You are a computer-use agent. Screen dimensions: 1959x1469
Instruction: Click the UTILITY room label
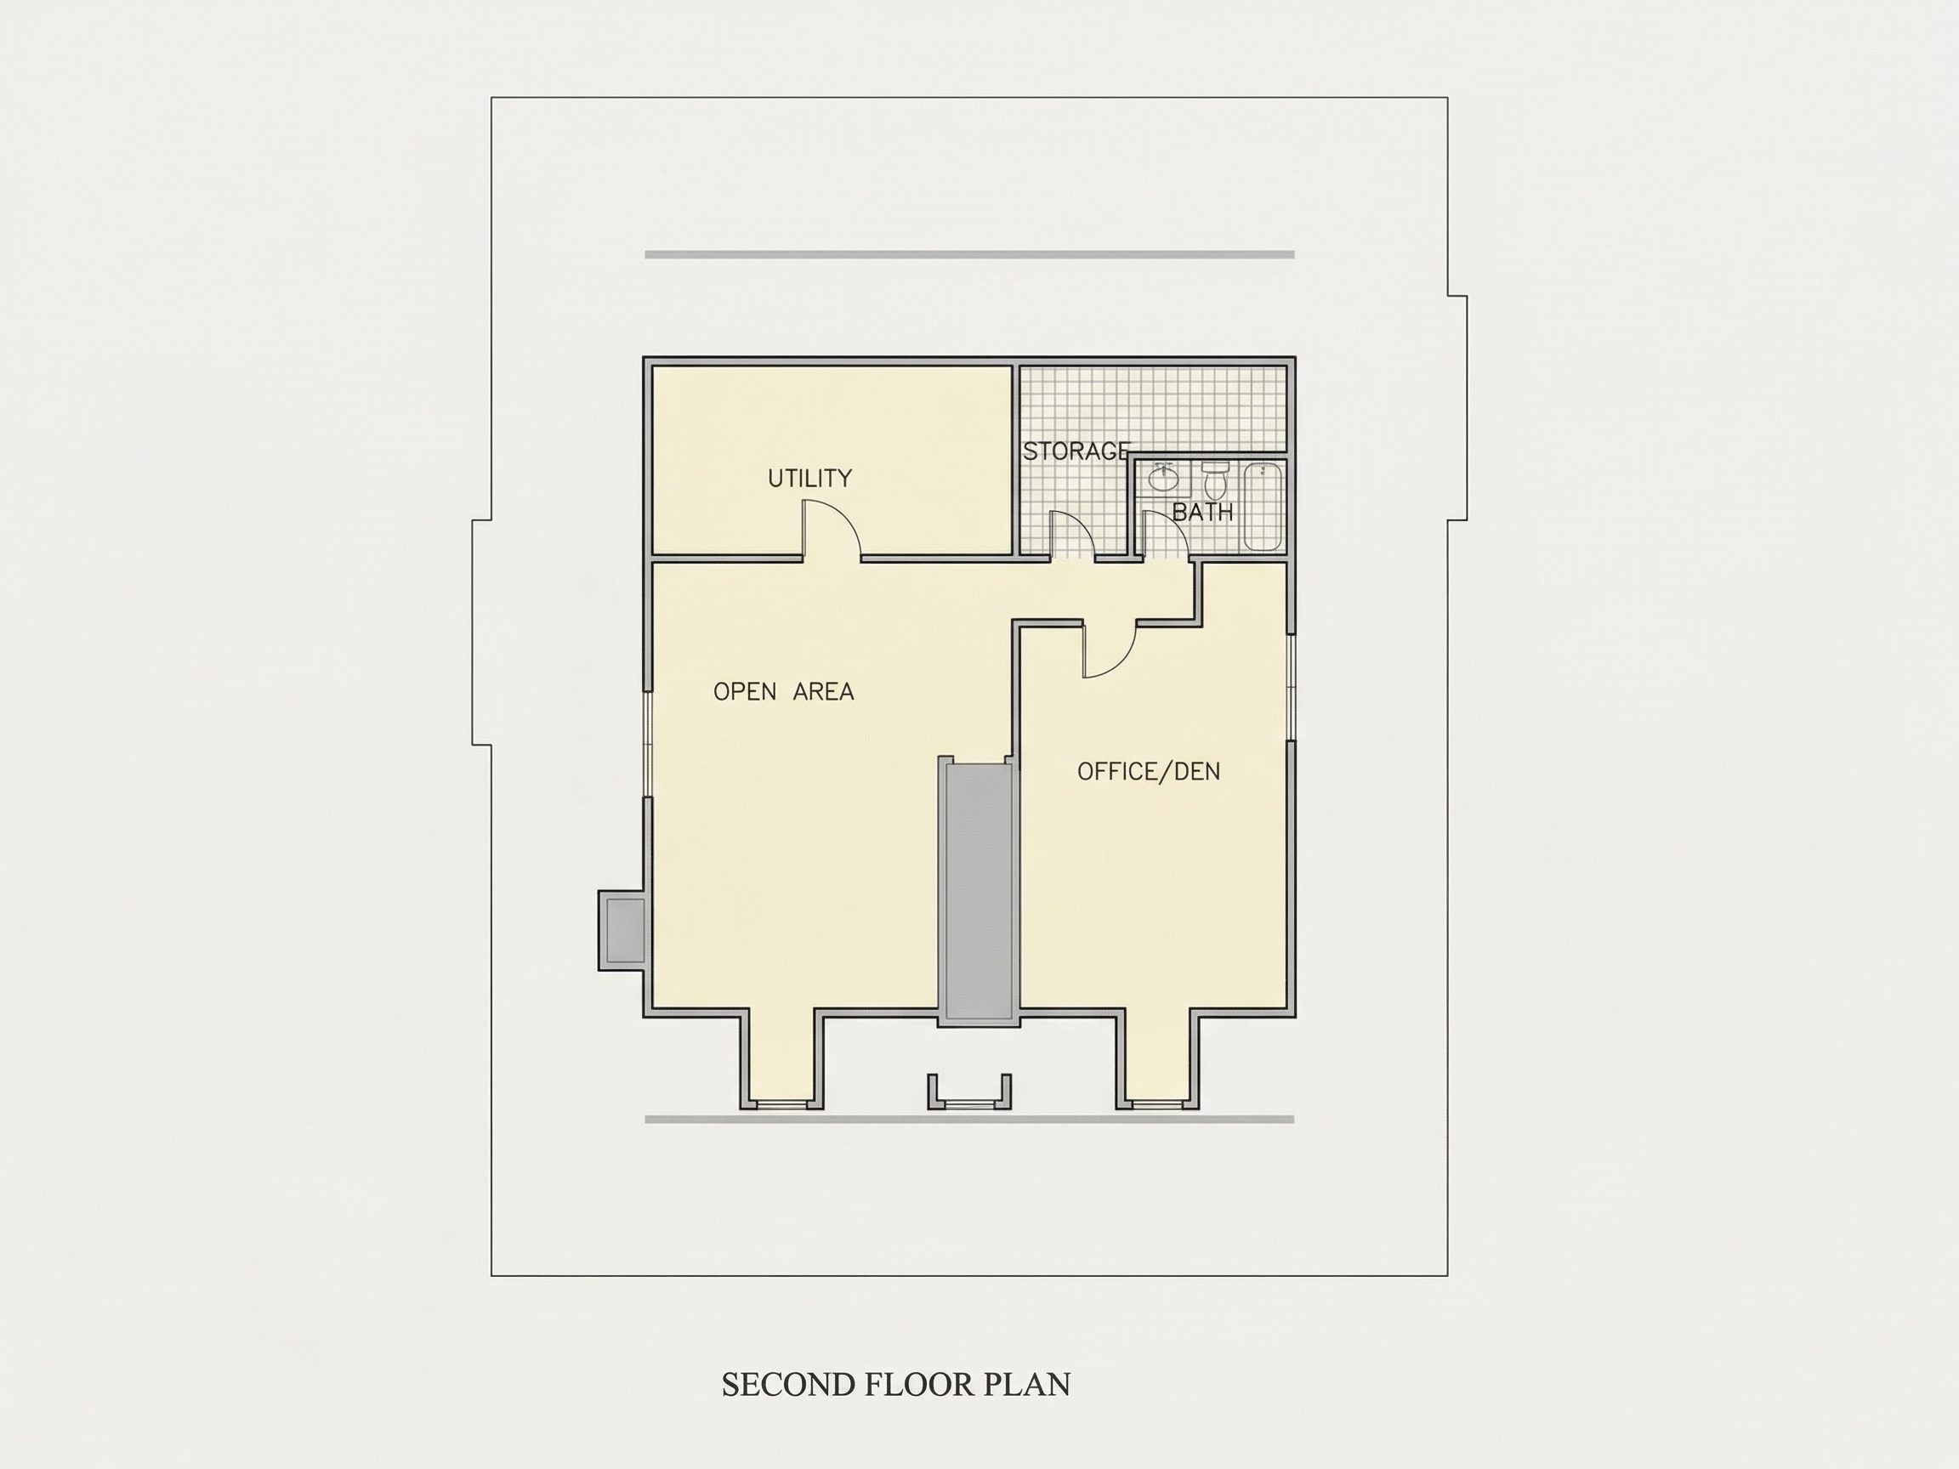[809, 478]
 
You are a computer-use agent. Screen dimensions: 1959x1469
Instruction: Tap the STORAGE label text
[1077, 451]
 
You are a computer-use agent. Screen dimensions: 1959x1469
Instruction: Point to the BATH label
[1202, 512]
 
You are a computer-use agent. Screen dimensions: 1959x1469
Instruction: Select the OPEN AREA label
[784, 691]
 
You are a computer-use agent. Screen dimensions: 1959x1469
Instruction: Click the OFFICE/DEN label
[1149, 771]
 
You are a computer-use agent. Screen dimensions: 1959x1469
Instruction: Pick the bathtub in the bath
[1263, 506]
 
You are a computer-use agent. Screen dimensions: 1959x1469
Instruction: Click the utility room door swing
[831, 530]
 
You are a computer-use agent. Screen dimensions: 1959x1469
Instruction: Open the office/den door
[1110, 651]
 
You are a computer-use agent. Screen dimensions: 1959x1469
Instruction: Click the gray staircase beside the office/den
[979, 891]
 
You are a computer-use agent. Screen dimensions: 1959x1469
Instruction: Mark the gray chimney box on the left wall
[622, 930]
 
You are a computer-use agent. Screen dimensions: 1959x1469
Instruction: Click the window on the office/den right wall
[1292, 687]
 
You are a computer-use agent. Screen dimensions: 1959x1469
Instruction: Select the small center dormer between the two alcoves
[970, 1092]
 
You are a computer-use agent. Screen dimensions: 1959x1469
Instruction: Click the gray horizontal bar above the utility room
[970, 255]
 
